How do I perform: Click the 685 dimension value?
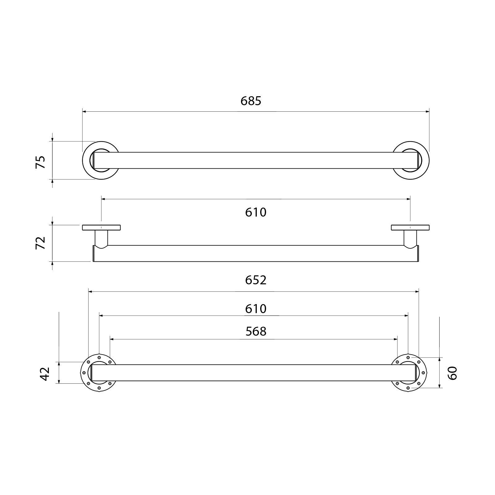coord(251,101)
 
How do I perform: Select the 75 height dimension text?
coord(41,162)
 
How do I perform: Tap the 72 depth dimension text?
coord(41,243)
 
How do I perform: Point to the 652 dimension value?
coord(256,280)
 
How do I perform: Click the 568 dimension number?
coord(256,331)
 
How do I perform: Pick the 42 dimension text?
coord(45,374)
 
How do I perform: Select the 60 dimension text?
coord(452,373)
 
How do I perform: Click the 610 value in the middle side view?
coord(256,212)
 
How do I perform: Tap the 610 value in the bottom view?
coord(256,309)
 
